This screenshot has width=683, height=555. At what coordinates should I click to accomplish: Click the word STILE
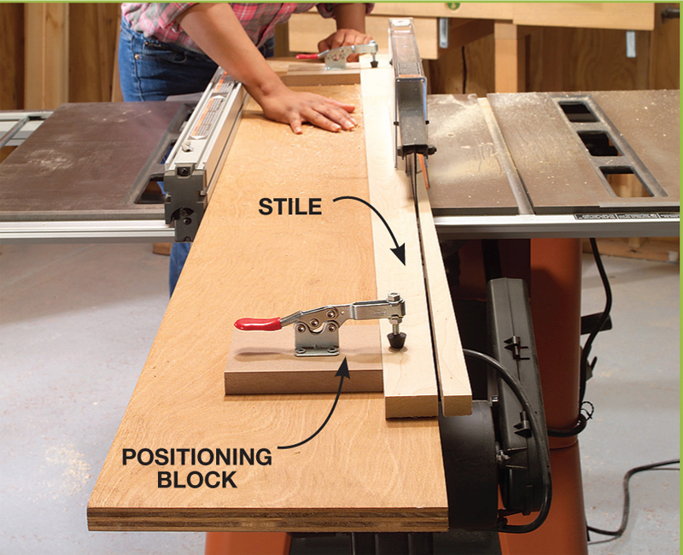click(290, 207)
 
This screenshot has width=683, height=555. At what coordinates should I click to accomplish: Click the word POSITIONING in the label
click(197, 457)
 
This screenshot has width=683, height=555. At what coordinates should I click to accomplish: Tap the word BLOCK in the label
click(197, 479)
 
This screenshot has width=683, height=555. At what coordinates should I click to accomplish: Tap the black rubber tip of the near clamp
click(396, 340)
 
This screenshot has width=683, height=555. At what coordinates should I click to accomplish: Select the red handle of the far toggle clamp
click(307, 55)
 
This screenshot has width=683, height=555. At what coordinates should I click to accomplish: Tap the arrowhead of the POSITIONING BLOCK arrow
click(344, 369)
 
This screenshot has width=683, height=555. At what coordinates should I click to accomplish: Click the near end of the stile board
click(412, 404)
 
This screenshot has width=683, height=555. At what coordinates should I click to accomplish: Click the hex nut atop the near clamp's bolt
click(394, 297)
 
